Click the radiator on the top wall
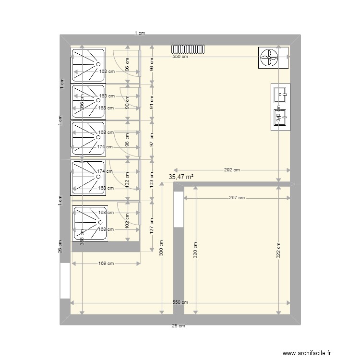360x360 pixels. (x=189, y=48)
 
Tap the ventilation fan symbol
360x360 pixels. (x=268, y=58)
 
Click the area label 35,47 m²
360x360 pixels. (x=181, y=177)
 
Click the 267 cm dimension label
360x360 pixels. (x=236, y=198)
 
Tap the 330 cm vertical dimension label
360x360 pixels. (x=161, y=248)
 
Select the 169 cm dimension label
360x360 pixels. (x=106, y=263)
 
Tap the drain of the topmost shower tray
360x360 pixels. (x=98, y=64)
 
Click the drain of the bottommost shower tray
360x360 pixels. (x=100, y=222)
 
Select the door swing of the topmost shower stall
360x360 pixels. (x=126, y=62)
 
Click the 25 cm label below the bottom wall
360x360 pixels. (x=179, y=326)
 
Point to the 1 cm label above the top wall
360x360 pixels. (x=139, y=33)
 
